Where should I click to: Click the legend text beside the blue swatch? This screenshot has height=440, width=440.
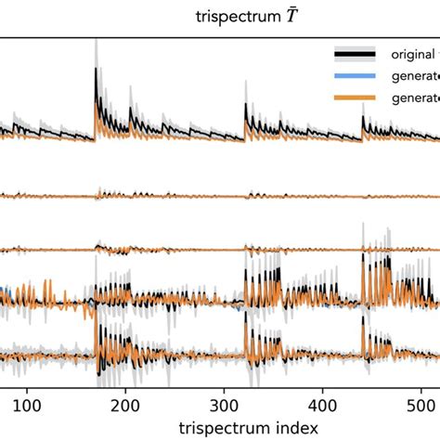[408, 76]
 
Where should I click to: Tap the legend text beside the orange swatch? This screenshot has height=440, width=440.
[408, 98]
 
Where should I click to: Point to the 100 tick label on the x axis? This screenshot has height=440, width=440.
[28, 405]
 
